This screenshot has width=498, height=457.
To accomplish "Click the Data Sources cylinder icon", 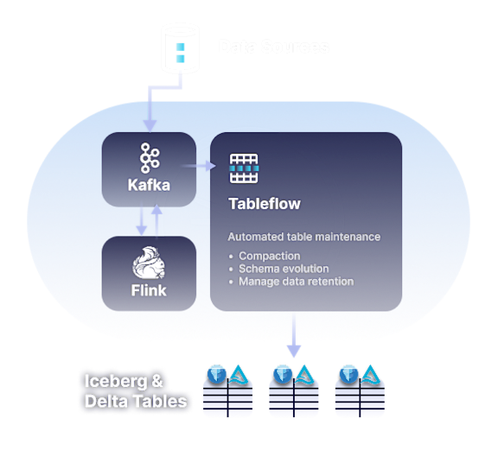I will tap(181, 47).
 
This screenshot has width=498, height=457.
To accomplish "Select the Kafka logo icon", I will tap(150, 158).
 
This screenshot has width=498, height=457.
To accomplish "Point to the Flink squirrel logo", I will tap(150, 263).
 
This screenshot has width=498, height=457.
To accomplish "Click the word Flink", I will tap(150, 290).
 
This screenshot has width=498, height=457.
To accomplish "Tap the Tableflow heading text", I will tap(264, 204).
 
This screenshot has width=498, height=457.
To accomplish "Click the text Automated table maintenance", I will tap(303, 237).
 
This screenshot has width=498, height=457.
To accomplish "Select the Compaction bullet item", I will tap(270, 256).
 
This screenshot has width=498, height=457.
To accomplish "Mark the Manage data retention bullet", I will tap(297, 282).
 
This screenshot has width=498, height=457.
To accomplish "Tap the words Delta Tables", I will tap(135, 401).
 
